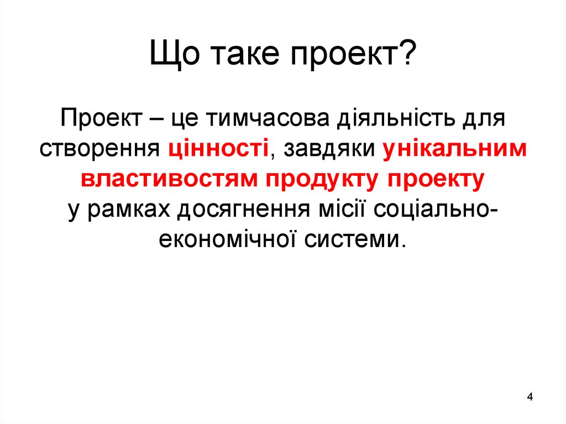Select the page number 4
(x=530, y=397)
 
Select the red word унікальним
(x=454, y=149)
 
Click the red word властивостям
(x=169, y=179)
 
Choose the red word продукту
(x=322, y=179)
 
